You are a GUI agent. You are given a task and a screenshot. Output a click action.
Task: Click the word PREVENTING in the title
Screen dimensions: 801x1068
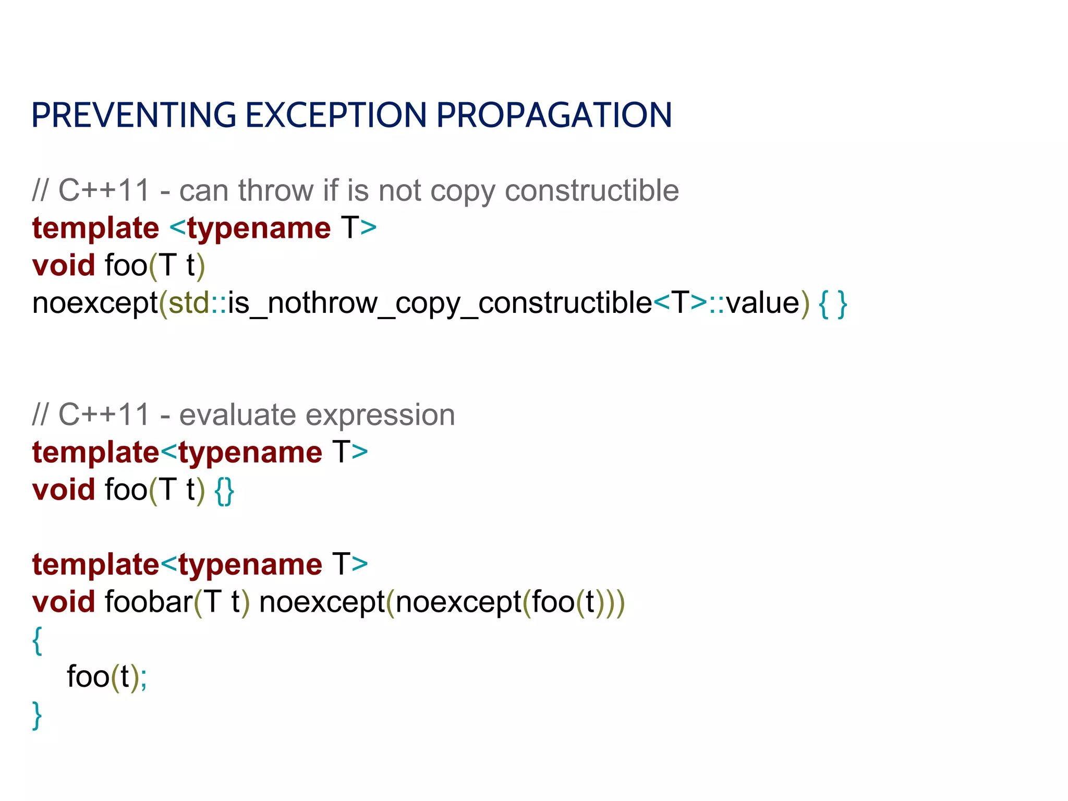click(133, 115)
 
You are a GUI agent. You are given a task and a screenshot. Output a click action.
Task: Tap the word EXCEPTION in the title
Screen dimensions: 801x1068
click(336, 115)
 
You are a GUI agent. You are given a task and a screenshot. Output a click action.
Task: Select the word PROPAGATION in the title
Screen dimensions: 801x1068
click(554, 115)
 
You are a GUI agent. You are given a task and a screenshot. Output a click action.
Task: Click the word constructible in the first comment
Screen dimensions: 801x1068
click(591, 190)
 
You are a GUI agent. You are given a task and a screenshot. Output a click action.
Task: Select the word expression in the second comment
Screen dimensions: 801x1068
click(380, 415)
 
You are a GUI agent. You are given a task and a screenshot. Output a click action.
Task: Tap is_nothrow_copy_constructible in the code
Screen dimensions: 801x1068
click(440, 304)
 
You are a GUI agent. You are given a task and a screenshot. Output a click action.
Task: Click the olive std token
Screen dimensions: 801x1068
click(188, 304)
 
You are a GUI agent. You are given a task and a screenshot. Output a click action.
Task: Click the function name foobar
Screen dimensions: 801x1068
click(149, 602)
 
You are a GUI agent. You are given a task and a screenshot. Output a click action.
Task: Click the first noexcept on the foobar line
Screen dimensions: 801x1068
click(322, 602)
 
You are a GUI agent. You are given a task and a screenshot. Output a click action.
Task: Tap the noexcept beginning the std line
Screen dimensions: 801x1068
click(95, 304)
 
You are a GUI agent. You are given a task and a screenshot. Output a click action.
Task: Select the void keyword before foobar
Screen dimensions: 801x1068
click(63, 602)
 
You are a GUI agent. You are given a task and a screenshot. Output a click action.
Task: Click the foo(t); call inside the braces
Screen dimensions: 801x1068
click(107, 677)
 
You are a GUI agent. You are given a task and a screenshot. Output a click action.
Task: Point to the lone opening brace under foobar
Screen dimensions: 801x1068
click(37, 640)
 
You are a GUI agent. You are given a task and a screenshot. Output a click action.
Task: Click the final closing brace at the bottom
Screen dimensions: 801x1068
click(37, 715)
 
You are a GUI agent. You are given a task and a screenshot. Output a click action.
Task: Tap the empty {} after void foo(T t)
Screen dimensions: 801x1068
click(224, 491)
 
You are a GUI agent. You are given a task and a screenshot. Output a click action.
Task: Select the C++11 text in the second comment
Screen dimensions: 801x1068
click(104, 415)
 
